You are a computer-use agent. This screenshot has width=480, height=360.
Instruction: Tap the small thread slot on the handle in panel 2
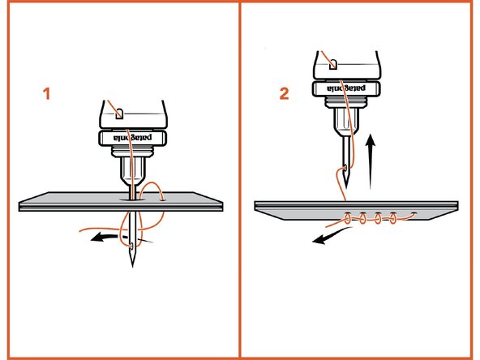(332, 61)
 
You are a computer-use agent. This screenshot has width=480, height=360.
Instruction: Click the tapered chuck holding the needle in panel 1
(131, 170)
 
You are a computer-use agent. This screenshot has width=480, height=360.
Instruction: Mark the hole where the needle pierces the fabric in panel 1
(131, 197)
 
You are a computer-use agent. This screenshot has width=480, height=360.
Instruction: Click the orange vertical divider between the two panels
(240, 180)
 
